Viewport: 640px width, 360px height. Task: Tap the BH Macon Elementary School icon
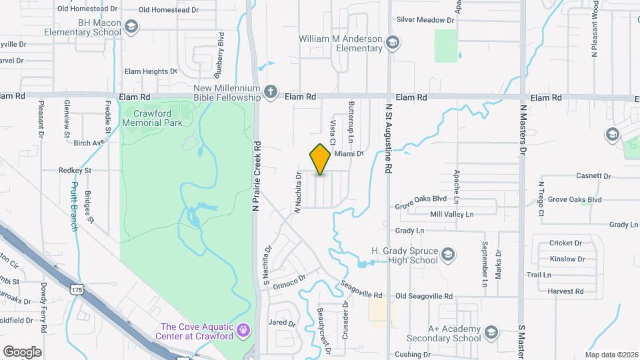click(x=131, y=27)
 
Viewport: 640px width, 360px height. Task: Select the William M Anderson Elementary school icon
click(x=393, y=44)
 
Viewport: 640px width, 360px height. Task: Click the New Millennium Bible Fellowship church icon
click(x=269, y=93)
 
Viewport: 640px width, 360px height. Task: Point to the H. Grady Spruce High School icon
click(x=449, y=255)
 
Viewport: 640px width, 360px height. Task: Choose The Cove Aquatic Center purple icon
click(x=244, y=330)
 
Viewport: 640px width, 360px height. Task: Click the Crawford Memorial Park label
click(x=153, y=117)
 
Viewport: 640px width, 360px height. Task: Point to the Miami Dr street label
click(x=349, y=153)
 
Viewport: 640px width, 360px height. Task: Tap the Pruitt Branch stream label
click(x=74, y=206)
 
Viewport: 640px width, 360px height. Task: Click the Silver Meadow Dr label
click(x=425, y=20)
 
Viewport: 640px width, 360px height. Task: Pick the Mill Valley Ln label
click(x=451, y=214)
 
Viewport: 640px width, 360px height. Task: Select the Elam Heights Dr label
click(x=151, y=71)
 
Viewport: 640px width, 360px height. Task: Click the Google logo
click(x=22, y=351)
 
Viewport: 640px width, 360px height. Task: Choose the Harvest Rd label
click(x=565, y=291)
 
